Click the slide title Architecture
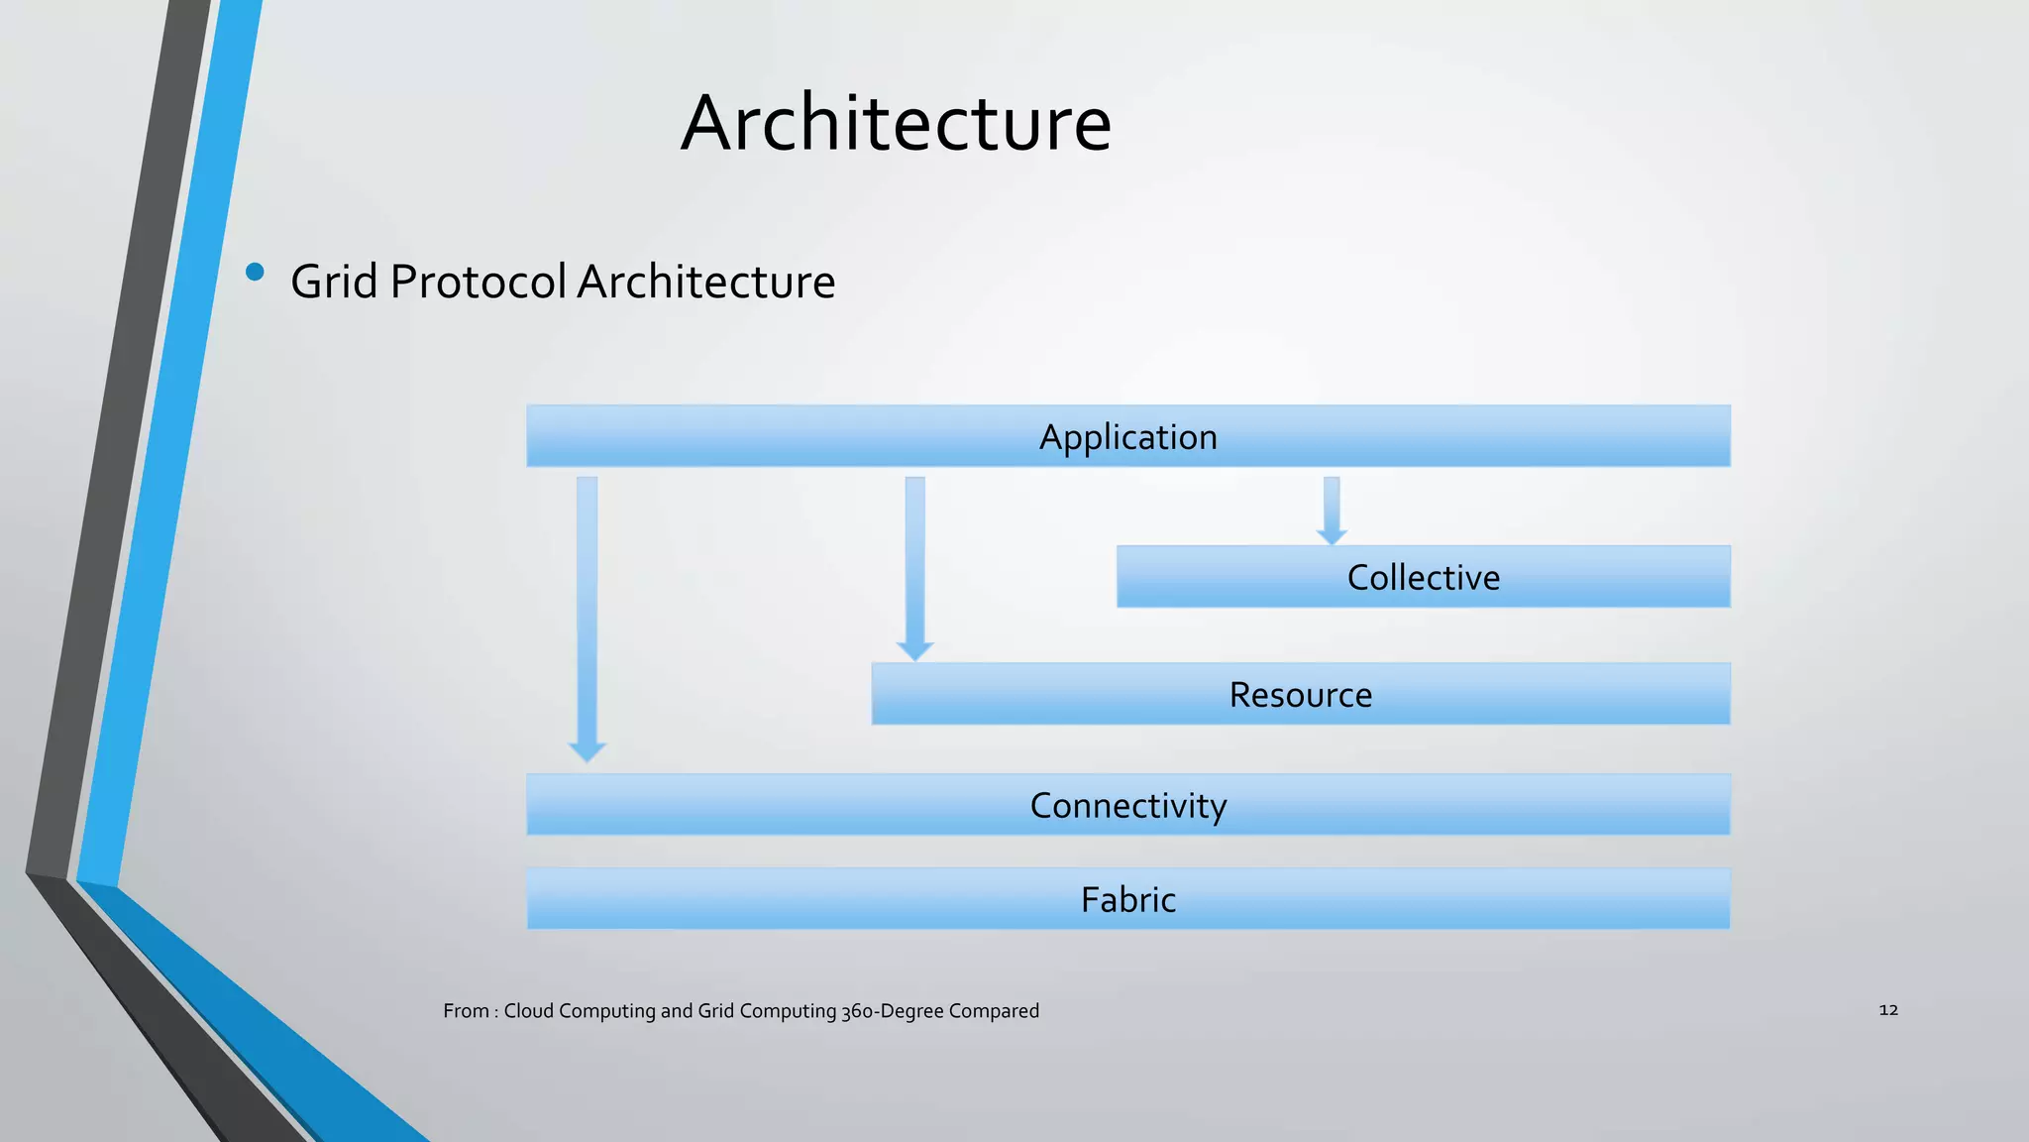896,123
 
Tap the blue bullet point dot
255,272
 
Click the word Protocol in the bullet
478,282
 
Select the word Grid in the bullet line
334,282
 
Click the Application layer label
1127,437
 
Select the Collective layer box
1423,577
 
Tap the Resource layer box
1300,694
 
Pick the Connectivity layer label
1127,805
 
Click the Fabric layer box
1127,899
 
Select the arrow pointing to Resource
914,565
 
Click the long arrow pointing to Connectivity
587,615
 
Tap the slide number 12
1888,1009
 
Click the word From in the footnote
466,1011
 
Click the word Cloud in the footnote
528,1011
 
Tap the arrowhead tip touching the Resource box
914,654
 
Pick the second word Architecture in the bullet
705,282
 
